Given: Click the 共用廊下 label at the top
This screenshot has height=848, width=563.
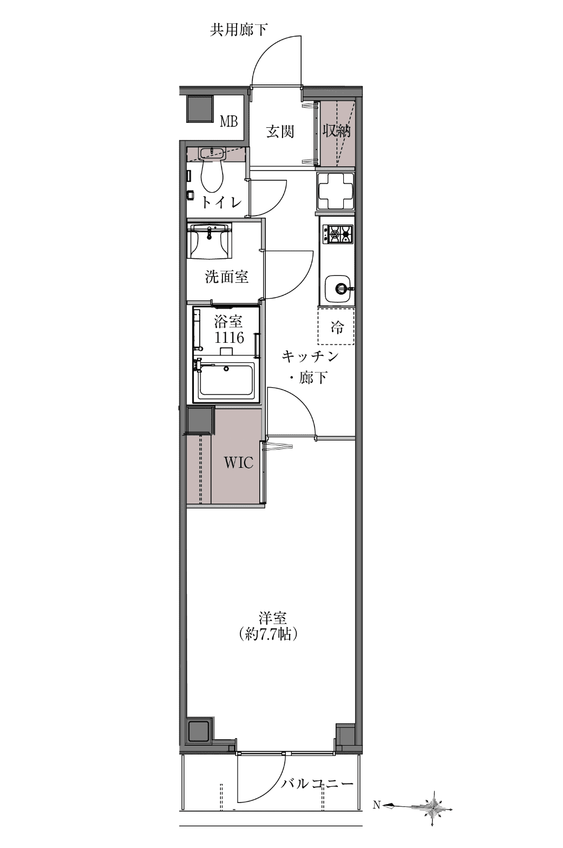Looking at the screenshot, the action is point(239,30).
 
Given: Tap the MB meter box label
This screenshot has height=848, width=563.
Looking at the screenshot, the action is point(229,121).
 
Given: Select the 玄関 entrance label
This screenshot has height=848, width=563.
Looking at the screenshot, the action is point(280,132).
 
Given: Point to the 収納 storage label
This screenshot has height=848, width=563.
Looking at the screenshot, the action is point(336,131).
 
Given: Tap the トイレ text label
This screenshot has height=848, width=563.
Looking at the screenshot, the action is point(221,202).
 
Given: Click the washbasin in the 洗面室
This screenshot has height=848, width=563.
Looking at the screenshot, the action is point(210,241).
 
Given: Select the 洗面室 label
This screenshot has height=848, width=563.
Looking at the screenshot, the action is point(227,277).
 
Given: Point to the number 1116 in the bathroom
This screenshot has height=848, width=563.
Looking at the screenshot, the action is point(230,337).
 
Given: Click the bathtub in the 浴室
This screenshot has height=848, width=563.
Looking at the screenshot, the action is point(226,380).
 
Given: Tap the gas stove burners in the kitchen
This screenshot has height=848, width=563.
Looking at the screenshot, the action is point(337,234).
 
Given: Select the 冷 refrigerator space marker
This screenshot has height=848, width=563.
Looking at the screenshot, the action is point(337,326).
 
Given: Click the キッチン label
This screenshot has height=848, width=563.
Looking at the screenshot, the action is point(310,356).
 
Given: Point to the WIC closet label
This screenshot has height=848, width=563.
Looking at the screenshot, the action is point(238,462).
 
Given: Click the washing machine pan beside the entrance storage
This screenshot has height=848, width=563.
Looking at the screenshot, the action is point(336,191).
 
